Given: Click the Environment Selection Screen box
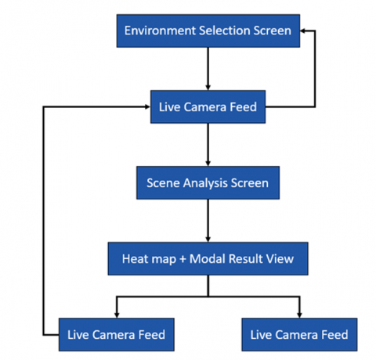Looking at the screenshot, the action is click(x=208, y=31).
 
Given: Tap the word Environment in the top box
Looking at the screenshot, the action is click(x=161, y=31).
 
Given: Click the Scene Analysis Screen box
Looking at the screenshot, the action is click(x=208, y=182).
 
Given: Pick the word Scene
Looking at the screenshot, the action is click(x=164, y=183).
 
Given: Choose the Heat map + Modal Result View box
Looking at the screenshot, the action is click(x=208, y=258).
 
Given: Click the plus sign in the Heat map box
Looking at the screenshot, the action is click(x=183, y=259).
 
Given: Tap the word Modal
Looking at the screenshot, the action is click(x=208, y=258).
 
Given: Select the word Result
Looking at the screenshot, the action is click(x=246, y=258).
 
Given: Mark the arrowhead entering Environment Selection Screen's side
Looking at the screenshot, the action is click(x=303, y=31).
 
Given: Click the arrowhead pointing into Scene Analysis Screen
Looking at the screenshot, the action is click(x=208, y=164).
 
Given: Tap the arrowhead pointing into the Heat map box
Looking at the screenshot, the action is click(x=208, y=239).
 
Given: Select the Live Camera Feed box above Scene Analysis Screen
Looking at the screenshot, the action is click(x=208, y=106).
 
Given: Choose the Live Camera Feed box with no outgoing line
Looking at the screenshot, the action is click(x=299, y=334).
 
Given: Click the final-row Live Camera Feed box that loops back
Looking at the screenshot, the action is click(x=117, y=334).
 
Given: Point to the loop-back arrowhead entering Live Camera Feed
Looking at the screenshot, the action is click(x=147, y=106).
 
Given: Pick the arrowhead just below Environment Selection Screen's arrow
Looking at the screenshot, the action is click(x=208, y=88).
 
